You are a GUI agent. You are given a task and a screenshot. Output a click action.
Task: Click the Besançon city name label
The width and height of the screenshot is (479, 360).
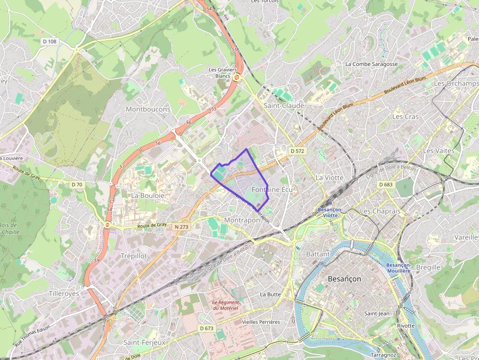[344, 279]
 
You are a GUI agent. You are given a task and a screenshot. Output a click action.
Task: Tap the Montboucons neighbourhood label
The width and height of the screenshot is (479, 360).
[148, 109]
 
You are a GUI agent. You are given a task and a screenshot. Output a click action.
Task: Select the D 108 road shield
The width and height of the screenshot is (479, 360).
[49, 42]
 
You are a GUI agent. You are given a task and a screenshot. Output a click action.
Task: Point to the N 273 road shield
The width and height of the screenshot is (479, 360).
[180, 227]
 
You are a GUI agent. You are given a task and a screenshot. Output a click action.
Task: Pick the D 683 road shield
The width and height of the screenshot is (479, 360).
[386, 184]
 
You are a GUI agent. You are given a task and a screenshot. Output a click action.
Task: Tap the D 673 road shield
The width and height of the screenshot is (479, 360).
[206, 328]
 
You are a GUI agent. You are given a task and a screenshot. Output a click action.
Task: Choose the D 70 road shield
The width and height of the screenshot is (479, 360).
[77, 184]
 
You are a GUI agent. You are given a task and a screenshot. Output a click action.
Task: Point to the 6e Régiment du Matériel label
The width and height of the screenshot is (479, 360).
[225, 305]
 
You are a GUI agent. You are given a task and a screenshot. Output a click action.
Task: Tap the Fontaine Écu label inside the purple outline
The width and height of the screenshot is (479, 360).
[272, 189]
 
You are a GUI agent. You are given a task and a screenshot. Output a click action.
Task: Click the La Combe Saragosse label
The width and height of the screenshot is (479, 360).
[371, 64]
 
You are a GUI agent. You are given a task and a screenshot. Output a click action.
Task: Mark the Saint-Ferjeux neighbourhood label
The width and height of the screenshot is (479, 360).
[144, 342]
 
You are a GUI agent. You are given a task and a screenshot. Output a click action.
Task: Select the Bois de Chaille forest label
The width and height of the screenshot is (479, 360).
[9, 229]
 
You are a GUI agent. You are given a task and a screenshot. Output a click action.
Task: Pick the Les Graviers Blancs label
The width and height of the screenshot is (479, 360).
[222, 73]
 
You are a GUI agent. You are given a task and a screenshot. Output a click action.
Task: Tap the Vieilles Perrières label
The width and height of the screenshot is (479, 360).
[261, 322]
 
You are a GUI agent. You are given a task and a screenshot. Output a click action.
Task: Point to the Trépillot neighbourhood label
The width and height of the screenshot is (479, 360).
[133, 255]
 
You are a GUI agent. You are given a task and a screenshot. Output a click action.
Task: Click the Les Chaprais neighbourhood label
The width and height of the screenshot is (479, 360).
[380, 211]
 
